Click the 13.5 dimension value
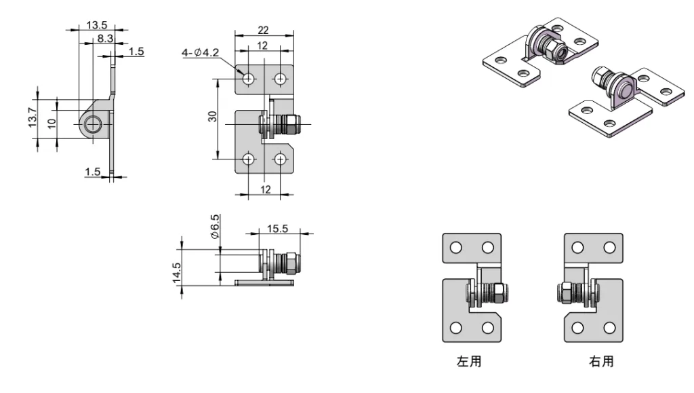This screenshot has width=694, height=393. coord(98,25)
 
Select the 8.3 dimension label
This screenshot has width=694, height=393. coord(104,39)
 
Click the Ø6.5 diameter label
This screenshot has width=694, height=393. coord(215,226)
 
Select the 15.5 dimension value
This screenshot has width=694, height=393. coord(277,229)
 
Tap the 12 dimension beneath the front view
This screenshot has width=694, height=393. coord(265,189)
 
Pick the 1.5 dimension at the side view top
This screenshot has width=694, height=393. coord(135,52)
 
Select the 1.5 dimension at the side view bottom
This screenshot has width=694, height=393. coord(93,172)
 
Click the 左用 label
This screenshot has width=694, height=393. coord(469,362)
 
